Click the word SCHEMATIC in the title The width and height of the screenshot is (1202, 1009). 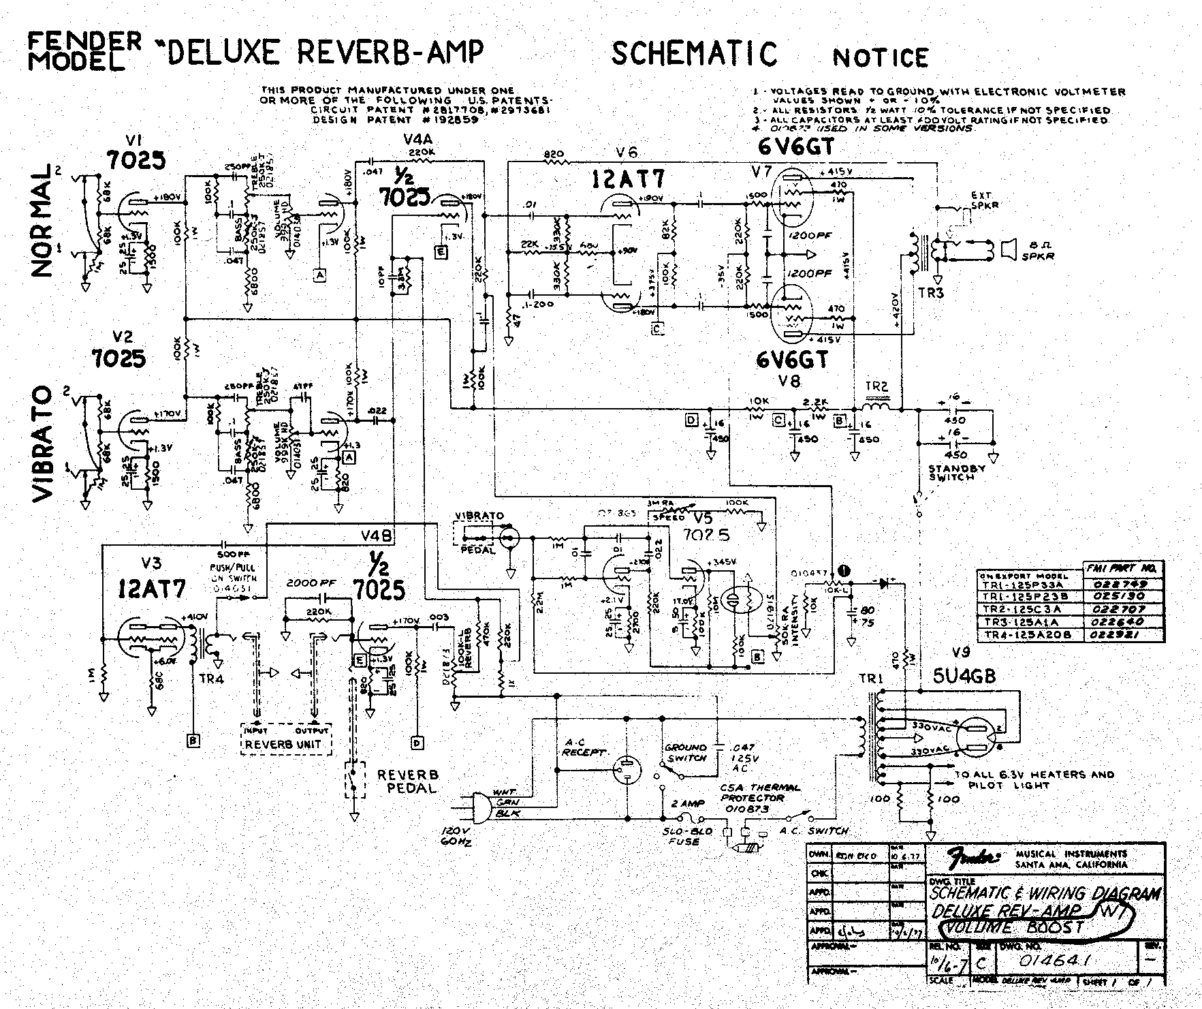tap(694, 54)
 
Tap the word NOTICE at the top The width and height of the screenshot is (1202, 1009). tap(881, 58)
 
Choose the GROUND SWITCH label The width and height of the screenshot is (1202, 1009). tap(686, 752)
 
